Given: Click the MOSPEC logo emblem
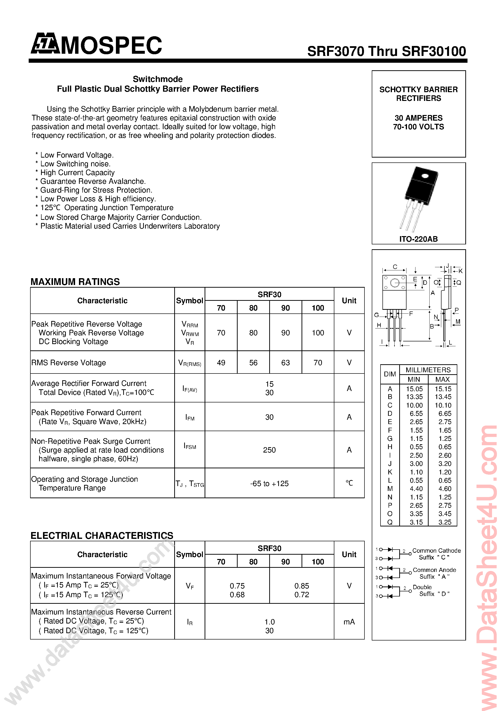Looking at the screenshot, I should coord(45,44).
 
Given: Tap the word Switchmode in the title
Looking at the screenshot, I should coord(157,79).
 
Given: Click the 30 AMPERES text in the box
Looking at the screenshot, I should coord(418,118).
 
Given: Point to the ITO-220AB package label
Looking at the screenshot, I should coord(418,239).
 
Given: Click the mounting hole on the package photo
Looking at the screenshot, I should coord(425,176).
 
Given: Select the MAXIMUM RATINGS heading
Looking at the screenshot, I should coord(75,282).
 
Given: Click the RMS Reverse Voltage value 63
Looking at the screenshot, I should coord(285,363).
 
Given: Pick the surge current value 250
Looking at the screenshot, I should coord(269,450).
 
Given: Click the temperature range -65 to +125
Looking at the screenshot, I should coord(269,484).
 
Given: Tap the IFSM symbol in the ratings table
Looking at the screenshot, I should coord(190,446).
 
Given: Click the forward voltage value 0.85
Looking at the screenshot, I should coord(302,586).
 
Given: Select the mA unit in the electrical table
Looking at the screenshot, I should coord(349,622).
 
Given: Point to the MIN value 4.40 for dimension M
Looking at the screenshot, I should coord(416,489).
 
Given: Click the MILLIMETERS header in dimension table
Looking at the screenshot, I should coord(428,370).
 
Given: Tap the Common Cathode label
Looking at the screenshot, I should coord(436,551).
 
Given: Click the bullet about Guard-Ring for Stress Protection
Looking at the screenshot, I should coord(96,190).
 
